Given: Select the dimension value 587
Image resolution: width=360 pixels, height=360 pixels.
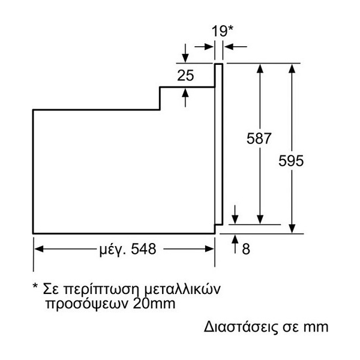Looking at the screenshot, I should click(x=259, y=139).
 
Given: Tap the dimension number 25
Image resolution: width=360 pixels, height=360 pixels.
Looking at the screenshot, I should click(x=187, y=76).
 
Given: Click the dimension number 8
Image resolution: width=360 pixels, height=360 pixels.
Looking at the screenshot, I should click(x=245, y=248).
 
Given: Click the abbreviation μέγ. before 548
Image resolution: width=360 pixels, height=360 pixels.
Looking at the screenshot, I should click(x=110, y=249).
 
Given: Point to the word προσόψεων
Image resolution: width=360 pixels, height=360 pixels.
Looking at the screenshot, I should click(x=78, y=304).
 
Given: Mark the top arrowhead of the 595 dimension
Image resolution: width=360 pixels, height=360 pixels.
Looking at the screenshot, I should click(x=292, y=68).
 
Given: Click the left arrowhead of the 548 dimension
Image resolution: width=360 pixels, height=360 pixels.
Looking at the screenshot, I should click(x=37, y=249).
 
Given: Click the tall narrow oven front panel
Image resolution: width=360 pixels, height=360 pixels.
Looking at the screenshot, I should click(x=219, y=147).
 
